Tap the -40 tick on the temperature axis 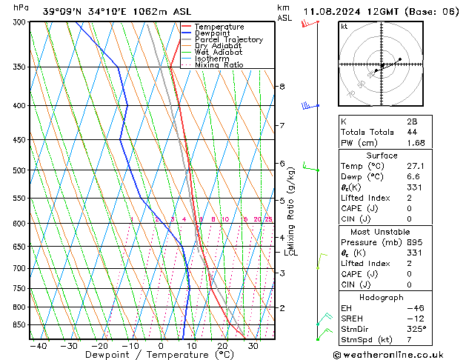pos(39,346)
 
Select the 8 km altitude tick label pos(282,87)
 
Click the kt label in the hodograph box pos(344,26)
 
